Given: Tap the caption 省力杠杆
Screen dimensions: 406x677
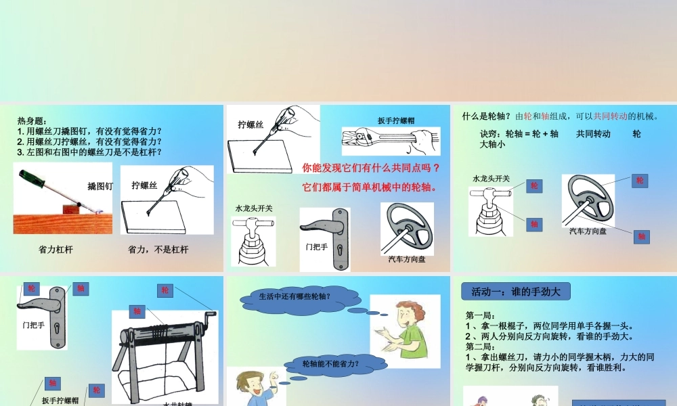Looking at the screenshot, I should tap(56, 250).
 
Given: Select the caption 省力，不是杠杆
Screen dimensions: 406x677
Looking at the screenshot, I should tap(158, 250).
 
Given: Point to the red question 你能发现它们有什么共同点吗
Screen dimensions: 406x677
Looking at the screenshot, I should tap(371, 167).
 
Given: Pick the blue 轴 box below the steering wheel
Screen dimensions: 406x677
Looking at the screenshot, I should tap(642, 236).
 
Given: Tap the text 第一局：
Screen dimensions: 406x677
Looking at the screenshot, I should tap(481, 315).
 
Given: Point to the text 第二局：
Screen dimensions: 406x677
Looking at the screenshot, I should tap(481, 346).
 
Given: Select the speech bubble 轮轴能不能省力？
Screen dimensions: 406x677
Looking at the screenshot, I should tap(330, 365).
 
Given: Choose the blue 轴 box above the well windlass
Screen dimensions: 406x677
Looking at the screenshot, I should tap(137, 311).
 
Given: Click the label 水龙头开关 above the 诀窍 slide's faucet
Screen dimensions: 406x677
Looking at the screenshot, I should tap(492, 179).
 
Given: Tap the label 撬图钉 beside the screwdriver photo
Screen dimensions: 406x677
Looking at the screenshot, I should tap(100, 185).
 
